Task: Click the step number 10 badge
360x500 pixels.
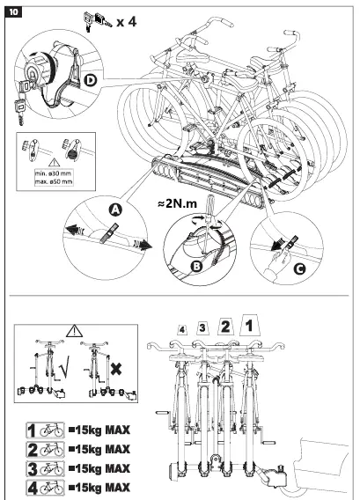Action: tap(13, 12)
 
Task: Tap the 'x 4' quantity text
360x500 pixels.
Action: tap(127, 22)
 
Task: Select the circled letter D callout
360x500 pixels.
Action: tap(91, 80)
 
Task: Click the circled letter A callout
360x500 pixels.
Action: tap(115, 210)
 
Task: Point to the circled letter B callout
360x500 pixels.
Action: tap(197, 266)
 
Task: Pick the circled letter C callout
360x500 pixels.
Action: tap(299, 269)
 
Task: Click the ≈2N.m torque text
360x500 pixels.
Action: tap(177, 203)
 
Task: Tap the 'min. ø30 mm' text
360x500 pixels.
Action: tap(54, 173)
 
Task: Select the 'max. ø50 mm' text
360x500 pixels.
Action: tap(54, 181)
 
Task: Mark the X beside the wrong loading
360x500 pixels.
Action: tap(116, 369)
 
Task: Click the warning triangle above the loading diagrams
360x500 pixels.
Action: tap(74, 331)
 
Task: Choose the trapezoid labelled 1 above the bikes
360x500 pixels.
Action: tap(250, 325)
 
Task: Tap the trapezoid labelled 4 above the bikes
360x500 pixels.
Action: tap(182, 330)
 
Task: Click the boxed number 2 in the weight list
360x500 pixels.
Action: tap(33, 450)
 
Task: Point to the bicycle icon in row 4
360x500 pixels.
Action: tap(51, 488)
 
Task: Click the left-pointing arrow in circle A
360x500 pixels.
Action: tap(74, 230)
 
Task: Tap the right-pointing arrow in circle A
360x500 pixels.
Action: tap(142, 245)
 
